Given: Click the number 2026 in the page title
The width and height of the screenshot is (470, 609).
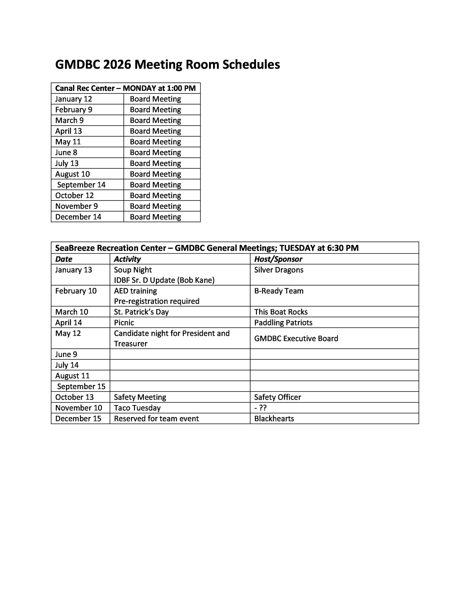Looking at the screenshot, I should (117, 65).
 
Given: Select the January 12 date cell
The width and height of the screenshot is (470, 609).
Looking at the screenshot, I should (74, 99).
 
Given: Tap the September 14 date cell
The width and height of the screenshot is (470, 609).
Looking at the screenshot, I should (81, 185).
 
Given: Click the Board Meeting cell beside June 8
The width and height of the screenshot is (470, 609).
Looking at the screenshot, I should (155, 152).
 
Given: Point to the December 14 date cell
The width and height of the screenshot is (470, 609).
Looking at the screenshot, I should (78, 217).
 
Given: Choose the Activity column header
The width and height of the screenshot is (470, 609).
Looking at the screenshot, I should (127, 259).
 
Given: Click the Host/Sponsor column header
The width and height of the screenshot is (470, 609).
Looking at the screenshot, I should (278, 259).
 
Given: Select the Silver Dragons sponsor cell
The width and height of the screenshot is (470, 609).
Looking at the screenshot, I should (278, 270).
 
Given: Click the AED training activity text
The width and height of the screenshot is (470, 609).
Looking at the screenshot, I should (135, 291).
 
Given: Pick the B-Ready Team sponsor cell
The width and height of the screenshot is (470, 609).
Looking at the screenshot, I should (278, 291).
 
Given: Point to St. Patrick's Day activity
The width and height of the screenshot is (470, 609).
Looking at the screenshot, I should (141, 312).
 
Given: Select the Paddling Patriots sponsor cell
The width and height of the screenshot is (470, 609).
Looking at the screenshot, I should (283, 323).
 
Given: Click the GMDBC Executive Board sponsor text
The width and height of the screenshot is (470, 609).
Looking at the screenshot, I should (296, 339).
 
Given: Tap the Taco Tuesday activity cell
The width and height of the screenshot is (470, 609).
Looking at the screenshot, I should (137, 408).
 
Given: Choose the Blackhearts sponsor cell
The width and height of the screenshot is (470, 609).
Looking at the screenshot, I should (274, 418).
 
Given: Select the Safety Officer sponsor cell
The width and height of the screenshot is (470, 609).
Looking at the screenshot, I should (278, 397).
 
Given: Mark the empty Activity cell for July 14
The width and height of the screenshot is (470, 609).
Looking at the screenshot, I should (180, 365).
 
